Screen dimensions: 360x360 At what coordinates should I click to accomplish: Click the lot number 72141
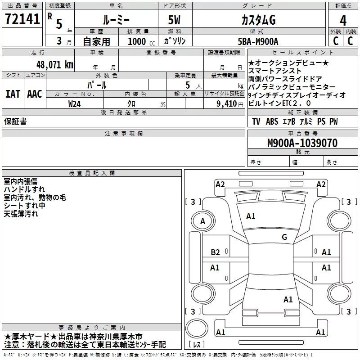pyautogui.click(x=22, y=19)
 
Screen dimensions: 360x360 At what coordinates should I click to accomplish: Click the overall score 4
pyautogui.click(x=343, y=20)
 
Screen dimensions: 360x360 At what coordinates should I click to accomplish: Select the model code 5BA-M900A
pyautogui.click(x=258, y=41)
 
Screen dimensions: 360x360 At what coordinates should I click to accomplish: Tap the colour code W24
pyautogui.click(x=75, y=103)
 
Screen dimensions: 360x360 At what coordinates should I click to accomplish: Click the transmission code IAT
pyautogui.click(x=13, y=94)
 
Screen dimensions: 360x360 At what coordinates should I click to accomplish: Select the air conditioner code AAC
pyautogui.click(x=34, y=94)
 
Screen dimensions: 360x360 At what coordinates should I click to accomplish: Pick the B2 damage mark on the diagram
pyautogui.click(x=216, y=252)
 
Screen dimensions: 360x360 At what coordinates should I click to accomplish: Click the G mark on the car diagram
pyautogui.click(x=284, y=237)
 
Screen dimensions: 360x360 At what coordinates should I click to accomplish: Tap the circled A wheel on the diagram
pyautogui.click(x=202, y=221)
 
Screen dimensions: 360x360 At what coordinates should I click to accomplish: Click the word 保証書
pyautogui.click(x=15, y=121)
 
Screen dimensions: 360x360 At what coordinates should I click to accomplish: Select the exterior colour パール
pyautogui.click(x=96, y=85)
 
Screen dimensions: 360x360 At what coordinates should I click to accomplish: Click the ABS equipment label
pyautogui.click(x=272, y=121)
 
